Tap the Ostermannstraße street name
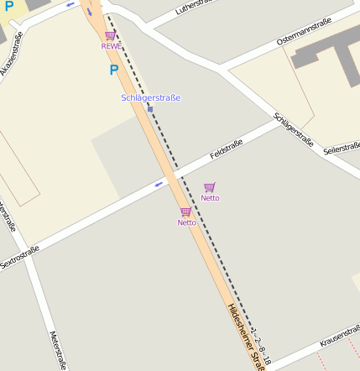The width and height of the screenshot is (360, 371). click(x=304, y=31)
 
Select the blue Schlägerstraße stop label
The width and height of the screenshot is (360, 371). click(x=150, y=98)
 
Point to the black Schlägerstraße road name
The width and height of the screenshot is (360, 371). click(x=294, y=132)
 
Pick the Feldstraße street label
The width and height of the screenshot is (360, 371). click(x=227, y=150)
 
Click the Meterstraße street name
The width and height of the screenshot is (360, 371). click(x=58, y=349)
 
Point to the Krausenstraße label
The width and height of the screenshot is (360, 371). click(x=339, y=340)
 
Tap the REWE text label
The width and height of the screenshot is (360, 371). click(x=111, y=46)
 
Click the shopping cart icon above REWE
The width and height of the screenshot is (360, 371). click(x=111, y=35)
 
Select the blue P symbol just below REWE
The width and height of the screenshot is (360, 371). click(x=114, y=71)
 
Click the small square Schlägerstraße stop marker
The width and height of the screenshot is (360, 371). click(x=149, y=108)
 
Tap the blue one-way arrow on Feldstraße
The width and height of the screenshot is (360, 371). click(x=159, y=184)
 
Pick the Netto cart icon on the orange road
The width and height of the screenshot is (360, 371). click(x=185, y=212)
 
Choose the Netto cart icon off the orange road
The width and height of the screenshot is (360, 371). click(x=209, y=187)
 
